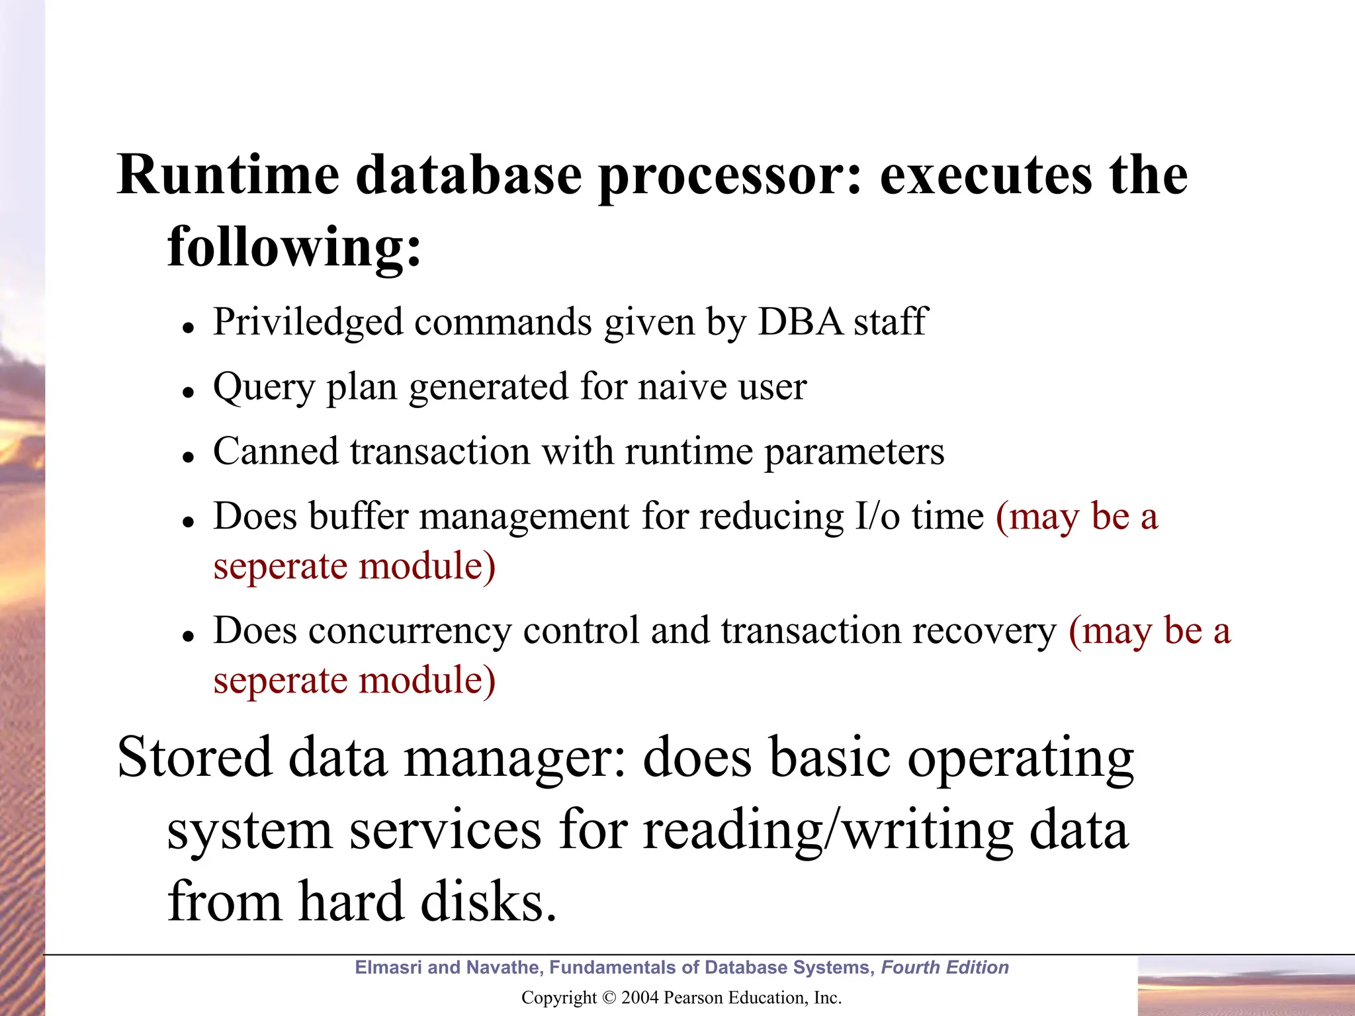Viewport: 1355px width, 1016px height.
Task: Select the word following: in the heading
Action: [294, 247]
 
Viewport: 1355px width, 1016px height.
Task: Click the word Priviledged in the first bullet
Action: [308, 323]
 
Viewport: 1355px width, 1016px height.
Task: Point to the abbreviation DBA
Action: [800, 322]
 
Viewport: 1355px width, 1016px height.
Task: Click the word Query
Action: [263, 388]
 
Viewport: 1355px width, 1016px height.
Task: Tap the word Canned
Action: [275, 451]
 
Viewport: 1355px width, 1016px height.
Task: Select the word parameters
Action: [854, 452]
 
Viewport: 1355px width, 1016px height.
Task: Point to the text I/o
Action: [877, 516]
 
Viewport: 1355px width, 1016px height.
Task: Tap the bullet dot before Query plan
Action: [189, 392]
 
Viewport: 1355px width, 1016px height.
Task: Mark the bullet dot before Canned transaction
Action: [189, 457]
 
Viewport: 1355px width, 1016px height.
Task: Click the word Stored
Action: [195, 757]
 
